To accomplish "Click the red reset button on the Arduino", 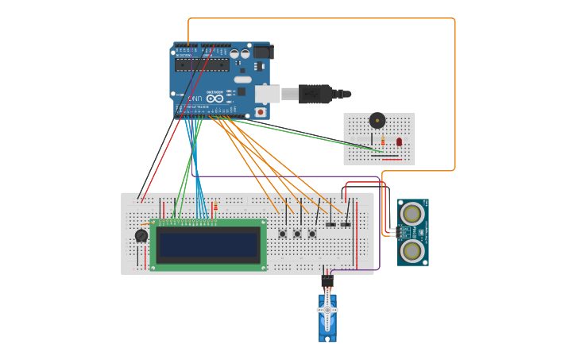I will pyautogui.click(x=260, y=112).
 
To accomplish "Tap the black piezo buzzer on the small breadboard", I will pyautogui.click(x=377, y=121).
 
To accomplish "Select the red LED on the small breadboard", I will pyautogui.click(x=399, y=141).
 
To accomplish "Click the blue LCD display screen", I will pyautogui.click(x=209, y=244).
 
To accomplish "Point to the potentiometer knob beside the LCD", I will pyautogui.click(x=141, y=236).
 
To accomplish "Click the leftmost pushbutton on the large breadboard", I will pyautogui.click(x=283, y=234).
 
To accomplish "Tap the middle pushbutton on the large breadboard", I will pyautogui.click(x=298, y=234).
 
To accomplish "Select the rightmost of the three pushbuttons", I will pyautogui.click(x=312, y=234).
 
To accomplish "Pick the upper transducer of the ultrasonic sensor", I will pyautogui.click(x=412, y=213).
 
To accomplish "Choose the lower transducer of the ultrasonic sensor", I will pyautogui.click(x=412, y=250).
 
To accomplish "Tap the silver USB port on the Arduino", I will pyautogui.click(x=267, y=94).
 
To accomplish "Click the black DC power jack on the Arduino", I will pyautogui.click(x=262, y=52).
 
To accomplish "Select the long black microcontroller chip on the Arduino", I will pyautogui.click(x=202, y=65).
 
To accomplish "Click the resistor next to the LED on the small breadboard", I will pyautogui.click(x=382, y=141).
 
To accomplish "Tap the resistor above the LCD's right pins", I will pyautogui.click(x=215, y=207).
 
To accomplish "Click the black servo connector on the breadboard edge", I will pyautogui.click(x=327, y=281).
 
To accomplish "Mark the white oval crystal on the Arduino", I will pyautogui.click(x=242, y=79).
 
